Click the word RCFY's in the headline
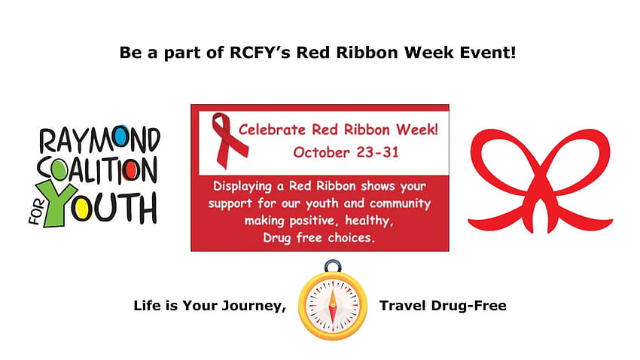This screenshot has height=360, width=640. [x=260, y=53]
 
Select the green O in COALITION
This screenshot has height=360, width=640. [x=59, y=169]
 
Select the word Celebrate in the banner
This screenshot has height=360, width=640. [x=272, y=130]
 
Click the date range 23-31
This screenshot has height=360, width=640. [x=377, y=152]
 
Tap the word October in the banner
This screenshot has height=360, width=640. [x=322, y=152]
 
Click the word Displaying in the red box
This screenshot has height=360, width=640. [x=242, y=187]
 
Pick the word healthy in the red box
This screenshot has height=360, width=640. [x=369, y=221]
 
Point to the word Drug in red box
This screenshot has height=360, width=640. [x=277, y=238]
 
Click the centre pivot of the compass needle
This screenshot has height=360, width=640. [x=333, y=305]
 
